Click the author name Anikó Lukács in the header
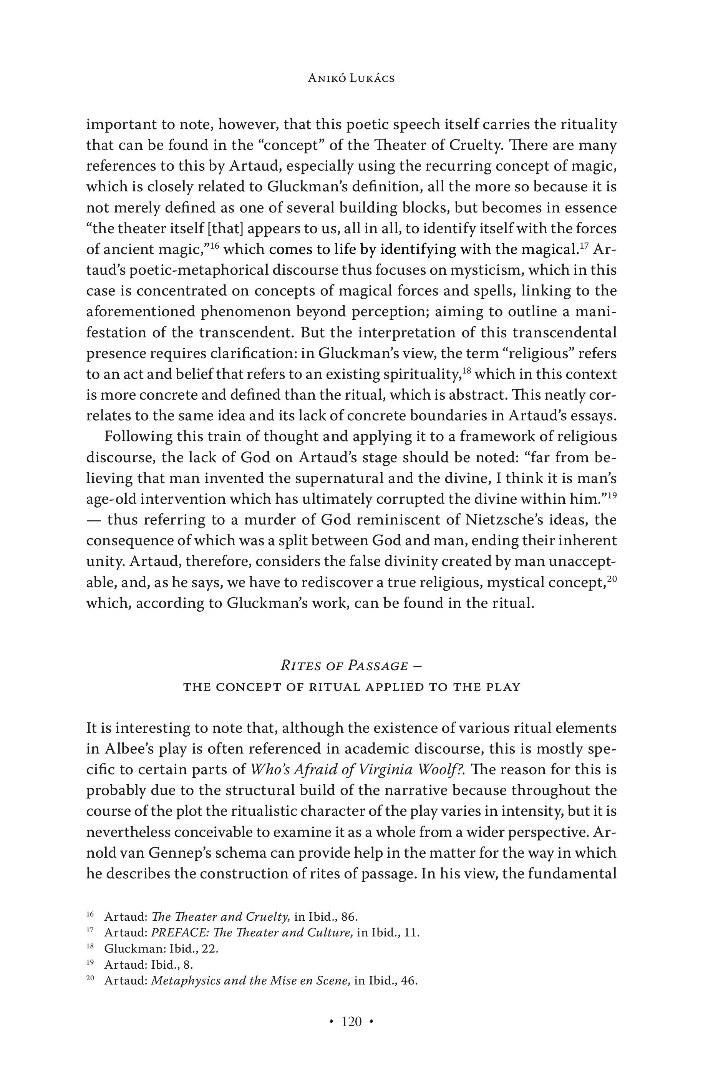[x=351, y=78]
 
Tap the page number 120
[x=351, y=1021]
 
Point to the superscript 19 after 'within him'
[x=611, y=495]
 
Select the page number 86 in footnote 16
[x=349, y=917]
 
